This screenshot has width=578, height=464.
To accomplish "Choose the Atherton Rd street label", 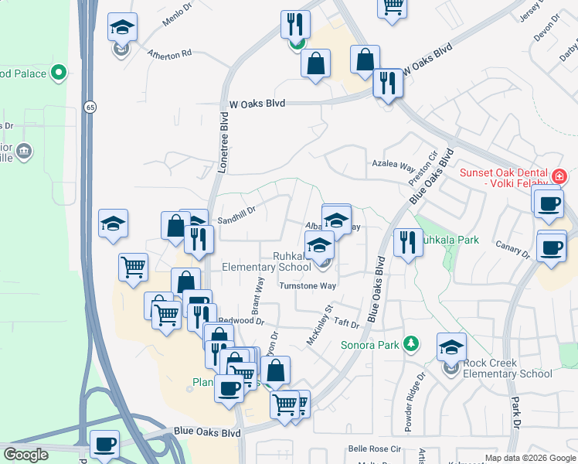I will pyautogui.click(x=170, y=54).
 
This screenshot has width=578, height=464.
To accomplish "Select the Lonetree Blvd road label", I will pyautogui.click(x=225, y=142).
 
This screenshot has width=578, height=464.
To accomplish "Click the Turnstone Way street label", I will pyautogui.click(x=307, y=285).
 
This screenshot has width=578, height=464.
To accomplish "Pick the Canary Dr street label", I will pyautogui.click(x=515, y=249).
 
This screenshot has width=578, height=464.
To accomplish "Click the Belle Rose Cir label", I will pyautogui.click(x=375, y=448).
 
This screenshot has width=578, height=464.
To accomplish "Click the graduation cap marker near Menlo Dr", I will pyautogui.click(x=122, y=29).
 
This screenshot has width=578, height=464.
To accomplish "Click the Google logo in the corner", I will pyautogui.click(x=26, y=455).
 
